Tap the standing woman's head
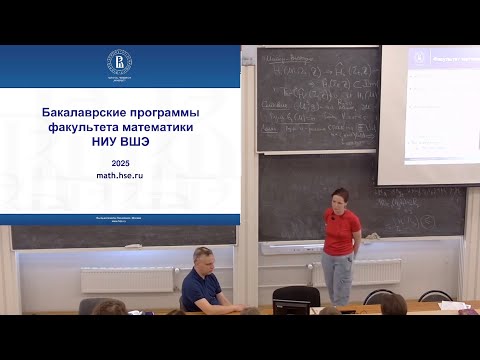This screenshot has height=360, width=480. tap(341, 197)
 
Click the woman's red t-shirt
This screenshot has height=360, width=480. tap(342, 232)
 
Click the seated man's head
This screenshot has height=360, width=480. tap(202, 258)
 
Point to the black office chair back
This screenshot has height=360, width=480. tap(296, 298)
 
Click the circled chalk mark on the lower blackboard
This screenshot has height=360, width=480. tap(427, 220)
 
